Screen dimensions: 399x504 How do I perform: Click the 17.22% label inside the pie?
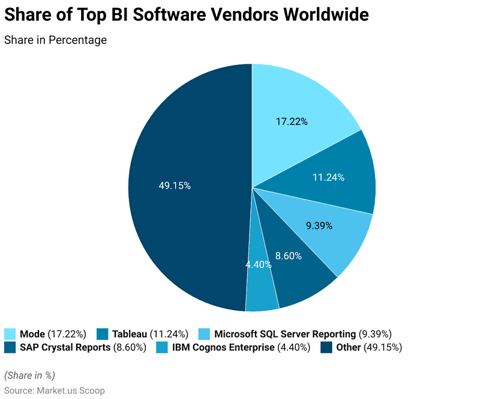292,121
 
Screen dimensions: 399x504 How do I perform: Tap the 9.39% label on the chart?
319,226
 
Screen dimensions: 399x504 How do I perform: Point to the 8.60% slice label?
288,256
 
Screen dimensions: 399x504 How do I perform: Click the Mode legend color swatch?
10,334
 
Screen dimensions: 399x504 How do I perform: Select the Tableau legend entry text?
130,334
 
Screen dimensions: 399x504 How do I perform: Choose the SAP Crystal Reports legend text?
65,347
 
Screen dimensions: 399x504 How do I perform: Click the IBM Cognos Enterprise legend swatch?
161,347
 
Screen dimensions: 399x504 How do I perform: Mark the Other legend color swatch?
326,347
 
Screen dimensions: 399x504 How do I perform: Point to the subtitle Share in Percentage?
55,40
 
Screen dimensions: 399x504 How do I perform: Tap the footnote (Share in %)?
29,376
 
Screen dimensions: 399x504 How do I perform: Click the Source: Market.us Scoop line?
55,391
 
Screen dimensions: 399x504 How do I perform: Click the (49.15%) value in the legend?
383,347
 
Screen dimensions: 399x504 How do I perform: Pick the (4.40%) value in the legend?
293,347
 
